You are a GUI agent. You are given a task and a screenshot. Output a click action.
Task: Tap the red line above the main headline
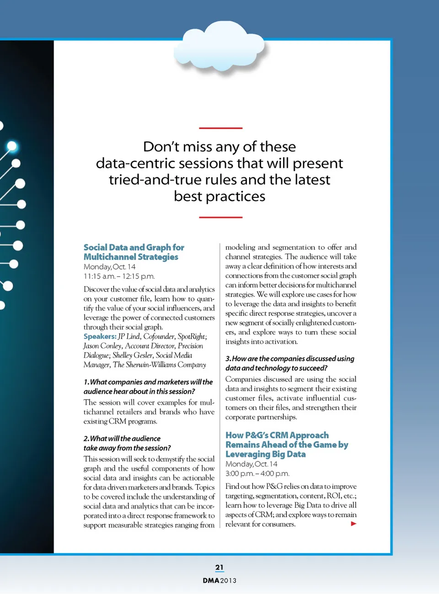220,128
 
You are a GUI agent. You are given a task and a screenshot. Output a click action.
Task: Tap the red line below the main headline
220,217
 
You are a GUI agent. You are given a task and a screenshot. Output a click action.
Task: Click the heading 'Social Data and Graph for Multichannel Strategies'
134,252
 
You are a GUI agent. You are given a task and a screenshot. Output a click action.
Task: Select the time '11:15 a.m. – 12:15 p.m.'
119,276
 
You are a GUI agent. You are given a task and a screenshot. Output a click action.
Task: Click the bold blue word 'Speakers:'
100,336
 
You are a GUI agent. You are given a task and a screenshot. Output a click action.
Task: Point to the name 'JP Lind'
129,336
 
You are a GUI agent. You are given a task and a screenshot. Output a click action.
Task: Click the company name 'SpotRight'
191,336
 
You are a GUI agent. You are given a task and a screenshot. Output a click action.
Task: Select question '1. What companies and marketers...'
148,387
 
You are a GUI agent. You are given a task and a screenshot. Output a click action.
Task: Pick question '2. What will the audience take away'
127,443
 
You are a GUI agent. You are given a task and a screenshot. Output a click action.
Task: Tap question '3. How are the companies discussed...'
289,363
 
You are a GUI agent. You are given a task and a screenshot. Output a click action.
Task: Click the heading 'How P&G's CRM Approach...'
286,445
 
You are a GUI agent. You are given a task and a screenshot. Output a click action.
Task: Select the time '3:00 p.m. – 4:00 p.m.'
257,473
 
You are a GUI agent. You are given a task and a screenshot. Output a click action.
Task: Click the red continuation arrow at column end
353,524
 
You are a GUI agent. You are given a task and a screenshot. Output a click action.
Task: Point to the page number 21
219,567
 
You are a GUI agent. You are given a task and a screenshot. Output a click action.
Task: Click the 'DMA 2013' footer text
219,580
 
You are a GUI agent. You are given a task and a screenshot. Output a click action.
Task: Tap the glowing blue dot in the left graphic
12,146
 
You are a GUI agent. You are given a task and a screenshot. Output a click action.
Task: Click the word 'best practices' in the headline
219,196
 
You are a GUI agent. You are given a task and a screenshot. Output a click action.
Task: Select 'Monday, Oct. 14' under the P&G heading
251,464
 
